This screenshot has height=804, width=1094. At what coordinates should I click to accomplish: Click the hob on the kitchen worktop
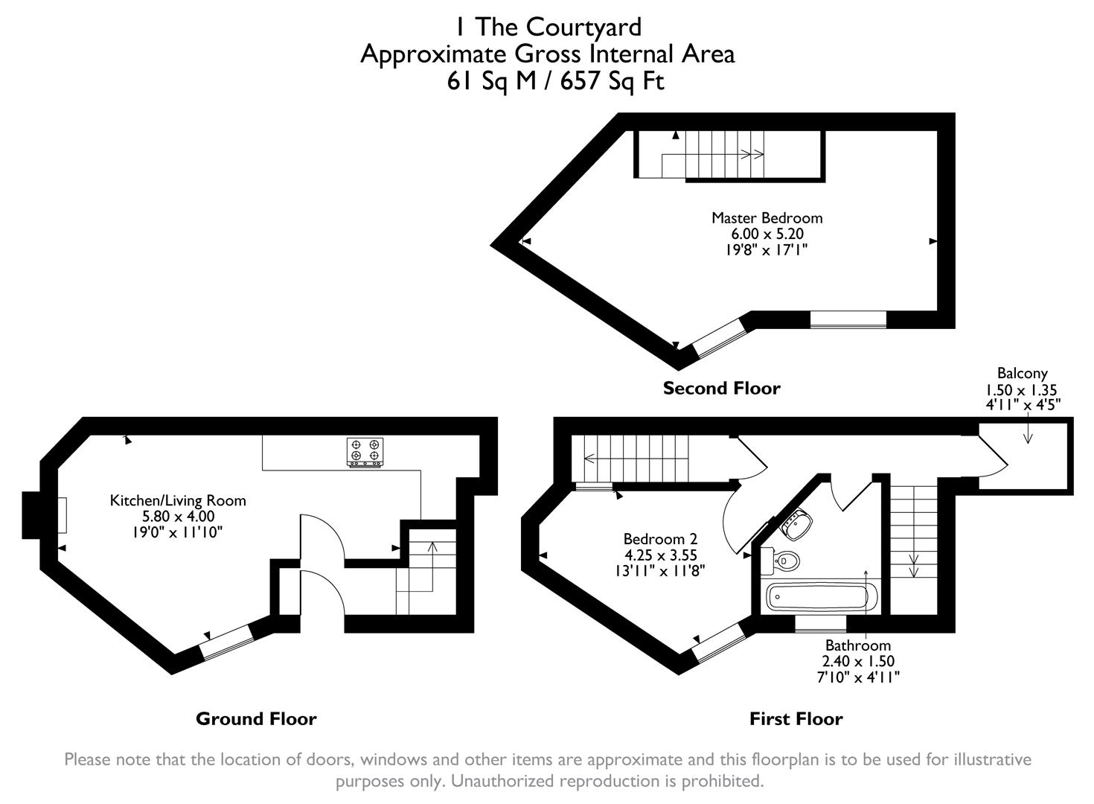tap(365, 452)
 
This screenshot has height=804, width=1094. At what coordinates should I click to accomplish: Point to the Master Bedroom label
tap(767, 218)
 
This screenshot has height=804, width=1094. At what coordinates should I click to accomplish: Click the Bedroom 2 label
tap(660, 539)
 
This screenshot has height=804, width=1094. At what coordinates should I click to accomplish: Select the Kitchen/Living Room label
tap(178, 500)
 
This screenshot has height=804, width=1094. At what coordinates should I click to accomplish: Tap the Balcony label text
tap(1022, 374)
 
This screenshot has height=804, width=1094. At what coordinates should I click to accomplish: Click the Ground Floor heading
tap(256, 719)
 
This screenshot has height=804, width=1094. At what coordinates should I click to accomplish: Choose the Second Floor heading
tap(721, 389)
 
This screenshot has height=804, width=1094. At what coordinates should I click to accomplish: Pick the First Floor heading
tap(796, 719)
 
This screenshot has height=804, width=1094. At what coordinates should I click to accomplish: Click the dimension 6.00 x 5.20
tap(767, 234)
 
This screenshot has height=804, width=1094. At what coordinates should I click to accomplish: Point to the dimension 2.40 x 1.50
tap(857, 661)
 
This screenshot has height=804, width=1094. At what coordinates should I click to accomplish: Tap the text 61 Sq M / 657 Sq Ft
tap(554, 80)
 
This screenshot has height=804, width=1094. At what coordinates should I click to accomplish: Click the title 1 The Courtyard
tap(548, 27)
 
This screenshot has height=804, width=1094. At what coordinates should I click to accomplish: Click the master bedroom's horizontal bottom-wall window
tap(848, 319)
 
